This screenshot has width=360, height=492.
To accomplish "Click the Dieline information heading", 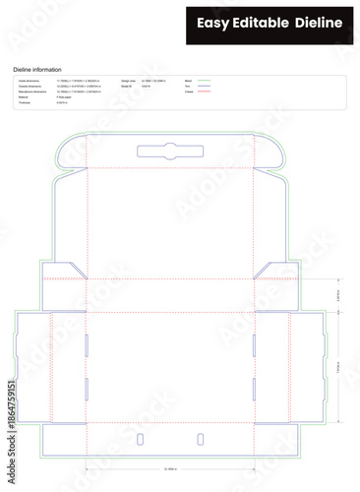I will pyautogui.click(x=37, y=70).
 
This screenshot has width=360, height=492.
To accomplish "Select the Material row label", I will pyautogui.click(x=25, y=97).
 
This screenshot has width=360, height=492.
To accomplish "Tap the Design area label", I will pyautogui.click(x=128, y=80).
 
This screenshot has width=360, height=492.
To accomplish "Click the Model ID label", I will pyautogui.click(x=126, y=86).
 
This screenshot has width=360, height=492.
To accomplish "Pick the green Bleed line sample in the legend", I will pyautogui.click(x=205, y=80).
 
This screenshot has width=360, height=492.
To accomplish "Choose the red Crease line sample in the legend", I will pyautogui.click(x=205, y=92).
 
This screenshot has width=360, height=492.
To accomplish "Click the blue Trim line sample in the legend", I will pyautogui.click(x=205, y=86).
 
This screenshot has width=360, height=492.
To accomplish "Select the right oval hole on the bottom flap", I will pyautogui.click(x=200, y=437).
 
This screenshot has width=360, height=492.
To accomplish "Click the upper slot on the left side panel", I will pyautogui.click(x=87, y=343).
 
